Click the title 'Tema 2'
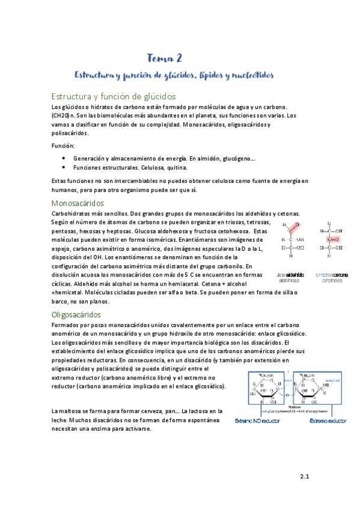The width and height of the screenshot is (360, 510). point(164,58)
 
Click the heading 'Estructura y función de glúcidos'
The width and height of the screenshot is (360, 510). point(113,96)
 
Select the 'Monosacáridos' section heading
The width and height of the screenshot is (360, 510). point(78,203)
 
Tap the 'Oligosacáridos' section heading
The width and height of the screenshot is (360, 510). point(76,315)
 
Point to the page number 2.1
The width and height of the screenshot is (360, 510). point(304,478)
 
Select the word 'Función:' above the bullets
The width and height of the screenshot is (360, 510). point(63,146)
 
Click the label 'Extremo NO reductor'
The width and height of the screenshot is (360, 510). point(258,420)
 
